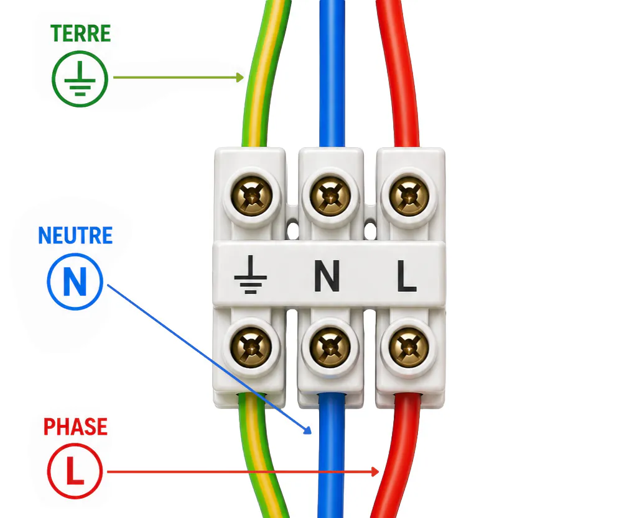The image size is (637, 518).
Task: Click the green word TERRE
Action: [x=80, y=34]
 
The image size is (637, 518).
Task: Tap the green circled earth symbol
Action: [x=80, y=79]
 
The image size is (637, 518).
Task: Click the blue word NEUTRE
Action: [x=75, y=235]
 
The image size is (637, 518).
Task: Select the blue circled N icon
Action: [x=75, y=281]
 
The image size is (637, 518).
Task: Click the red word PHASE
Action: [x=75, y=427]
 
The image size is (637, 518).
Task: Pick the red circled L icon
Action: [x=75, y=471]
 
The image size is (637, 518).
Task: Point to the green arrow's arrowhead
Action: [x=240, y=77]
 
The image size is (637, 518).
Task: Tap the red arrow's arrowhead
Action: [x=375, y=471]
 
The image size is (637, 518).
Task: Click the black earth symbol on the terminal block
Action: [x=251, y=274]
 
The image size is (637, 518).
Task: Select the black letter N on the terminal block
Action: [x=327, y=276]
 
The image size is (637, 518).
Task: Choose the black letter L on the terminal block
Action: [x=406, y=276]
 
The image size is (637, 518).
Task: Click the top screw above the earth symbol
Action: [x=251, y=196]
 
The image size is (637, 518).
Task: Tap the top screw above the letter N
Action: [x=330, y=196]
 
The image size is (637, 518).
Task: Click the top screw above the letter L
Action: [x=409, y=196]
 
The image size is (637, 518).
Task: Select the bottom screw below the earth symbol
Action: [x=251, y=348]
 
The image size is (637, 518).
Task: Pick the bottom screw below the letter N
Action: [x=330, y=348]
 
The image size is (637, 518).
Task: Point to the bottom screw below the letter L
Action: [x=409, y=348]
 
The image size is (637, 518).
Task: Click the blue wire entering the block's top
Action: [x=332, y=73]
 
